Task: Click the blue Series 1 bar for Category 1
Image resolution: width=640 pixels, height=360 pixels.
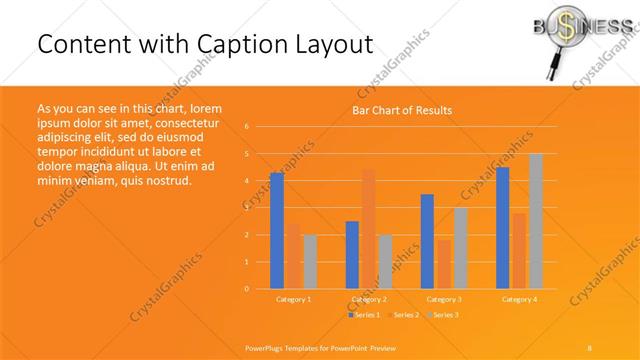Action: (x=276, y=230)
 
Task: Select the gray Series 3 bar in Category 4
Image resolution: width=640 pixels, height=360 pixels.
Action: (x=535, y=221)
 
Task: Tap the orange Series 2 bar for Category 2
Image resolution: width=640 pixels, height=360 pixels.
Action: (x=369, y=228)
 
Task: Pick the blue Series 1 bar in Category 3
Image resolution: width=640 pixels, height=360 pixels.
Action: (x=427, y=241)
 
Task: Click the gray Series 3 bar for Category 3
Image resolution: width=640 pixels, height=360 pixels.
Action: (x=460, y=248)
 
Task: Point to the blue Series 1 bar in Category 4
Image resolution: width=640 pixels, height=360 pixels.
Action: (x=503, y=227)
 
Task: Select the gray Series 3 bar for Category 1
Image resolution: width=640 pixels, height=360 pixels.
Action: (x=309, y=261)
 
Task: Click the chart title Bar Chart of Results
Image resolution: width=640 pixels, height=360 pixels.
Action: (x=402, y=110)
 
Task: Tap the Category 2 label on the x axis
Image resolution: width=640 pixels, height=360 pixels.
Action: (x=369, y=299)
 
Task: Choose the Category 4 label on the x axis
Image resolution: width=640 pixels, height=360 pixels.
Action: (x=519, y=299)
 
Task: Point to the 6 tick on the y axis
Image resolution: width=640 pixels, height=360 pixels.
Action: (x=247, y=127)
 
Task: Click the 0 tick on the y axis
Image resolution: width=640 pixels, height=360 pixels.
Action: (x=247, y=289)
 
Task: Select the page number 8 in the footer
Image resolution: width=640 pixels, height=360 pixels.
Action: (x=589, y=347)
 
